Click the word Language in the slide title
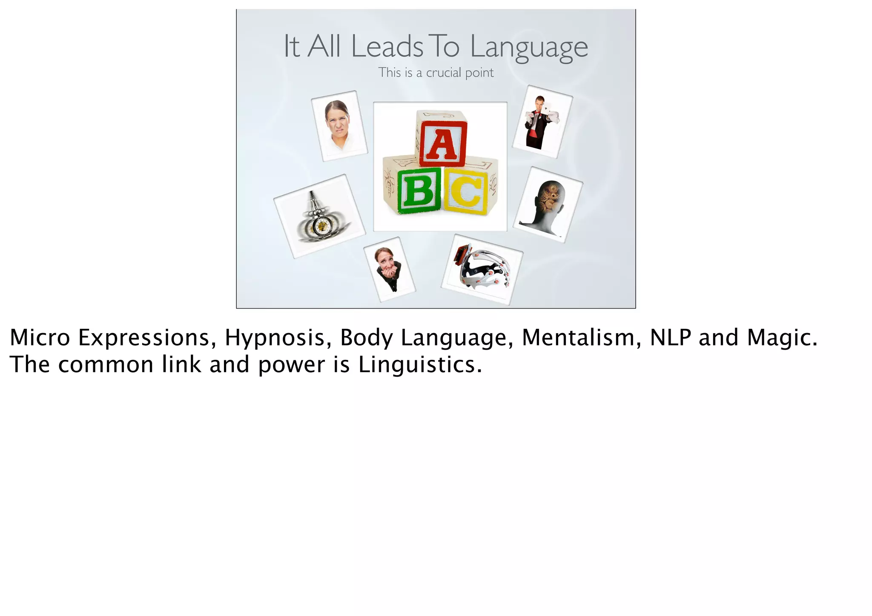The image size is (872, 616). pos(529,47)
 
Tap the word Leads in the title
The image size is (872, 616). pos(387,46)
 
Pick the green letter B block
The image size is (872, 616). pos(419,190)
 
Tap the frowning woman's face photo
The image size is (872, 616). pos(338,123)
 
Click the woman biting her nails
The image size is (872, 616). pos(388,268)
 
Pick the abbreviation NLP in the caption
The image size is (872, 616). pos(671,338)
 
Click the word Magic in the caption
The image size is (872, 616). pos(782,338)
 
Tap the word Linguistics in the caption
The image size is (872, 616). pos(420,365)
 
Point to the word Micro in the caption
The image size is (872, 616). pos(40,338)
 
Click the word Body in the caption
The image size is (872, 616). pos(366,338)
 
